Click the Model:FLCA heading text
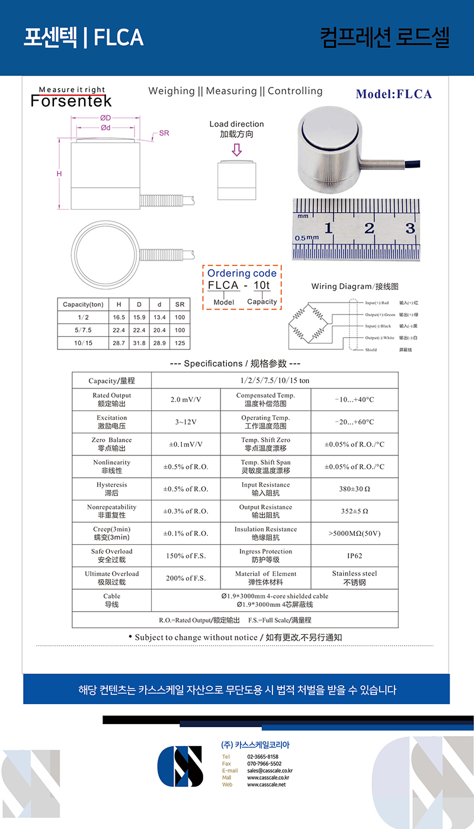pyautogui.click(x=393, y=94)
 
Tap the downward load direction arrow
pyautogui.click(x=236, y=150)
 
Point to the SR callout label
pyautogui.click(x=164, y=133)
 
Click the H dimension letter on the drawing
pyautogui.click(x=59, y=173)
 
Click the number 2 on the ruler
pyautogui.click(x=369, y=227)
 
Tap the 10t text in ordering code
pyautogui.click(x=261, y=285)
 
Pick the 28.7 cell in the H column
pyautogui.click(x=119, y=343)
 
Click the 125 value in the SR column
pyautogui.click(x=180, y=343)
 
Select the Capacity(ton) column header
pyautogui.click(x=83, y=304)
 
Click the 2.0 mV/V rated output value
pyautogui.click(x=185, y=400)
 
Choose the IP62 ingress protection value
pyautogui.click(x=354, y=556)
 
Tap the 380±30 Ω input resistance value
pyautogui.click(x=354, y=489)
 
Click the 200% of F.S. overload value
pyautogui.click(x=185, y=579)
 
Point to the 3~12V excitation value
pyautogui.click(x=185, y=422)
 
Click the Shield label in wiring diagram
pyautogui.click(x=371, y=350)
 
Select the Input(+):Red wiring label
pyautogui.click(x=377, y=303)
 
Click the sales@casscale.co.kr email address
pyautogui.click(x=270, y=770)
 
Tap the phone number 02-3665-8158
pyautogui.click(x=262, y=757)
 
